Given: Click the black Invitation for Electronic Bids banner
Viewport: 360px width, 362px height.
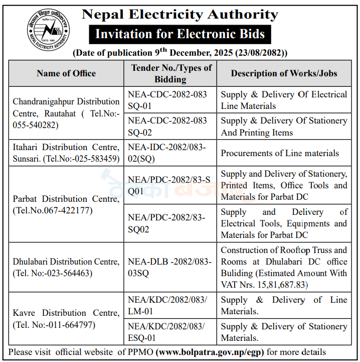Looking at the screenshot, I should (x=179, y=35).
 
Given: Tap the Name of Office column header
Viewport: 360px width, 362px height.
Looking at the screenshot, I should (x=66, y=73).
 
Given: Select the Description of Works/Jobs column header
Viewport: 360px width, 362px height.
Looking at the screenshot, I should (x=284, y=73).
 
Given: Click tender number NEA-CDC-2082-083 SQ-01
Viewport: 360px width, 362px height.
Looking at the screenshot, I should (x=167, y=100).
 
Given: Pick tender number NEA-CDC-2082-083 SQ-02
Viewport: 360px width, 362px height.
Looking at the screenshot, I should (x=167, y=127).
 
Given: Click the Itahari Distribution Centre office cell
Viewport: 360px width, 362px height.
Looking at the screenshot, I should (x=66, y=153).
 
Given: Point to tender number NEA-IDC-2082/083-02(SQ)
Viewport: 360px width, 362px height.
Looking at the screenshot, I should (x=167, y=153).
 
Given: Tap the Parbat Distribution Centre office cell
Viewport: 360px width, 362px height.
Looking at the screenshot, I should (x=66, y=205).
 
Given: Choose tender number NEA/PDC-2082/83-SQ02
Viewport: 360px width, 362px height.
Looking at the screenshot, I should (x=167, y=223).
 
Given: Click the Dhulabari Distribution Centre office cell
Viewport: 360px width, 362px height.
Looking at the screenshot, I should (x=66, y=267).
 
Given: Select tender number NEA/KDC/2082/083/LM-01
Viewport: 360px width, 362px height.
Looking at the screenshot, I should (x=167, y=305).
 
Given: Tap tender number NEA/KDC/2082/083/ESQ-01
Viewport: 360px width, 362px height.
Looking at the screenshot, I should (x=167, y=332).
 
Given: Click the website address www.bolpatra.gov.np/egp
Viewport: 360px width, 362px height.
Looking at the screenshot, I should (x=210, y=352).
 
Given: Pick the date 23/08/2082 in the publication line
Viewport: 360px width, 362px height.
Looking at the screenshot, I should (x=260, y=53).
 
